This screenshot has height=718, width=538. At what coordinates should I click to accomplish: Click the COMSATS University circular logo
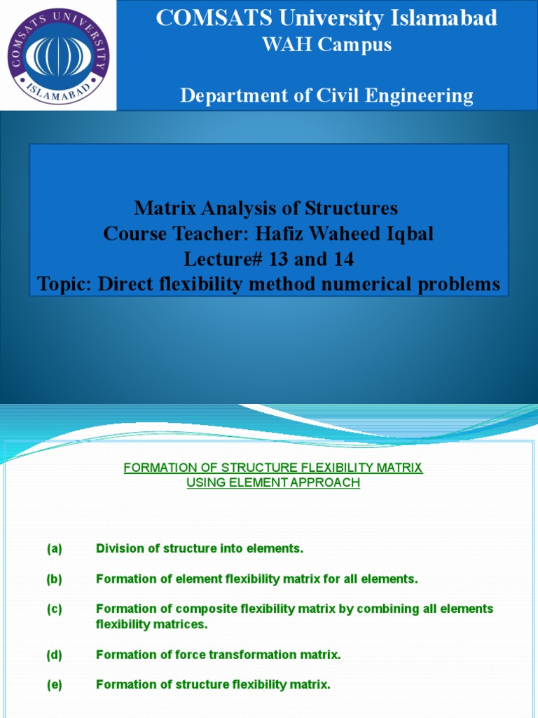pos(58,55)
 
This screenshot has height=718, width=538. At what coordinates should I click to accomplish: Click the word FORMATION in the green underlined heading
pos(158,468)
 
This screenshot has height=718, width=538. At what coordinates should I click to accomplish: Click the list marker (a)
pos(55,549)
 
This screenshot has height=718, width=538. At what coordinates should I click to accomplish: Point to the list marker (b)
pos(55,579)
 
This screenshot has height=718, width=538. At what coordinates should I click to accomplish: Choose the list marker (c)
pos(55,609)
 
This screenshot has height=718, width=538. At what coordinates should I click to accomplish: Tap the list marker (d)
pos(55,655)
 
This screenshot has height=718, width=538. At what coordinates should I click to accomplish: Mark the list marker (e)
pos(55,685)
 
